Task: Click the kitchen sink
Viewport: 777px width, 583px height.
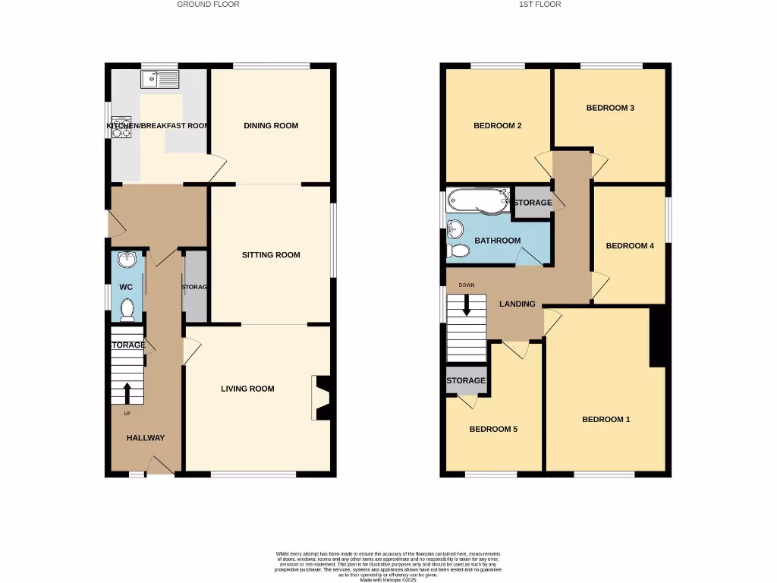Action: (159, 78)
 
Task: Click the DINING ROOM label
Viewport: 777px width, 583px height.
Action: (271, 126)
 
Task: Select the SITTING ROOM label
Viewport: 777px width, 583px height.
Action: (271, 255)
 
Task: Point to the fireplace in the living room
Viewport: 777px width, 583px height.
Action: (320, 398)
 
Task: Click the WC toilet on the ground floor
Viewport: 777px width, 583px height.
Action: (127, 309)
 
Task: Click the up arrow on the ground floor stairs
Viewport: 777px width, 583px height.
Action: (127, 393)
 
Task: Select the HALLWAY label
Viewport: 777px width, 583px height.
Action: (145, 438)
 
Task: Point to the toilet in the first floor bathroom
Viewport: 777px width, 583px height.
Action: (458, 250)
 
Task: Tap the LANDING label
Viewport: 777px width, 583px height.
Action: (517, 304)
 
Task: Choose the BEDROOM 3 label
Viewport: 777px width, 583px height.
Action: (610, 108)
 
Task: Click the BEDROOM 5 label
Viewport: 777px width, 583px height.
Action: (493, 429)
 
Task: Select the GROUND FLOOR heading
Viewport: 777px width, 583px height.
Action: (208, 5)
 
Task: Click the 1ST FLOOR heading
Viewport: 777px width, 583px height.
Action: (539, 5)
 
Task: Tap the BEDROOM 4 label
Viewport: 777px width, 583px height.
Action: (629, 246)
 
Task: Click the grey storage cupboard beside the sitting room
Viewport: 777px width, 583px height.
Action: (195, 285)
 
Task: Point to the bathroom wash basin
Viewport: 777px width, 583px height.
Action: (455, 228)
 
